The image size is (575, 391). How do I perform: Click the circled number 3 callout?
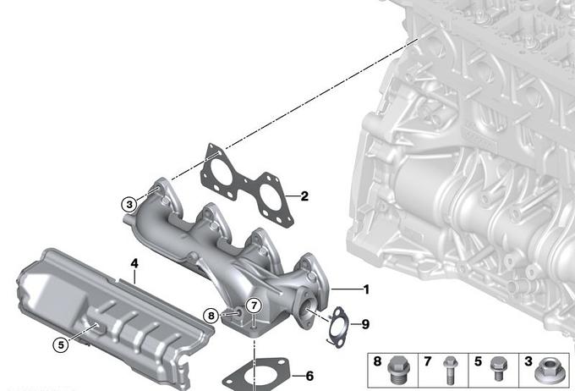129,204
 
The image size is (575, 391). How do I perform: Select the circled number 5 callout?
61,344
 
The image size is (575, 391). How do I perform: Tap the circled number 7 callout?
255,306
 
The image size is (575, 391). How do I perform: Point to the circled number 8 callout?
211,316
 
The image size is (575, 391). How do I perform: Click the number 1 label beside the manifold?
365,289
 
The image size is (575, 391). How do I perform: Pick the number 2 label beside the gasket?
304,196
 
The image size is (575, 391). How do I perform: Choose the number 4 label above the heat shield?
134,263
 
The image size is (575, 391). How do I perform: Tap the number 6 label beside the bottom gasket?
309,376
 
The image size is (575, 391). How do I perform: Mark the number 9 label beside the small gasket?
365,324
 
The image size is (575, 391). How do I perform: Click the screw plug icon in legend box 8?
397,370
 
